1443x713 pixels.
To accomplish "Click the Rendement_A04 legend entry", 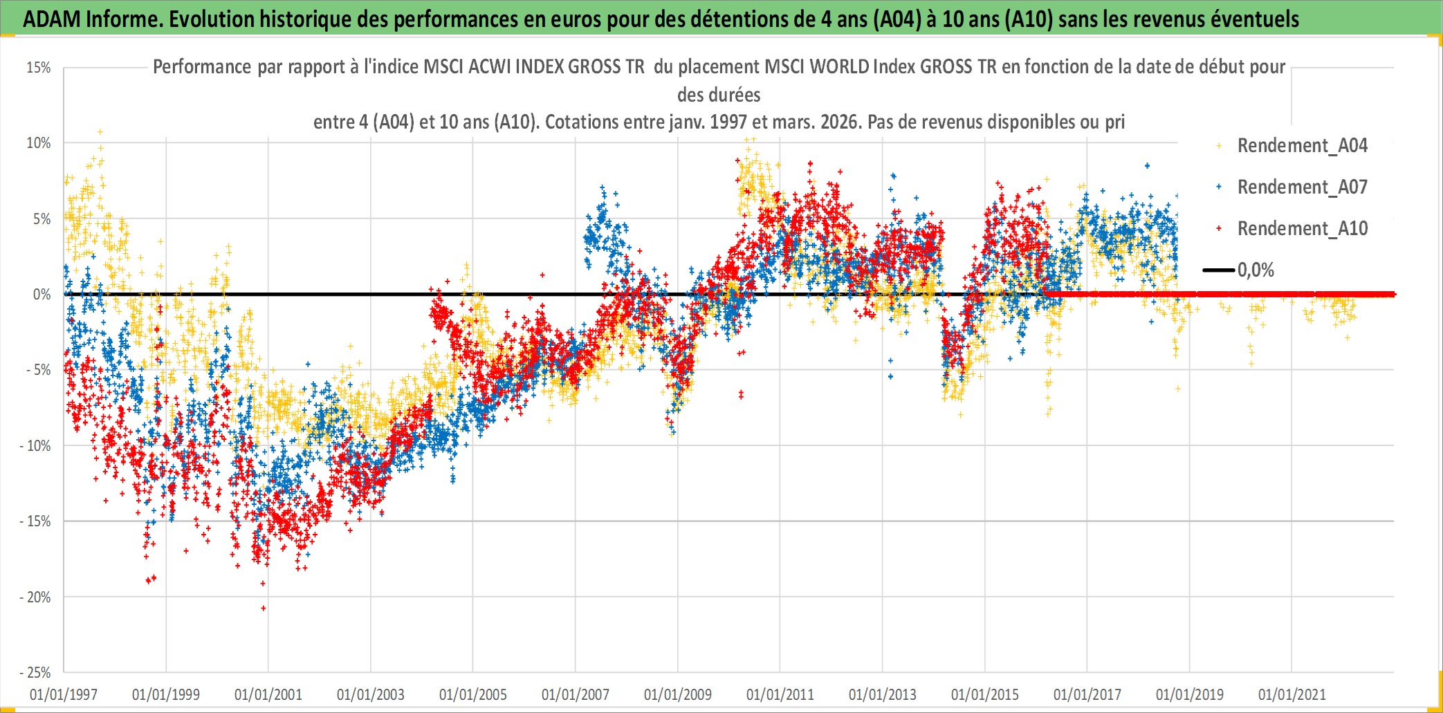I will click(x=1302, y=145).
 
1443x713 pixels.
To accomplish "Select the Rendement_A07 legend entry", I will click(x=1302, y=187).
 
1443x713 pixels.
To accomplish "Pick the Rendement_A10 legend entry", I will click(x=1302, y=228).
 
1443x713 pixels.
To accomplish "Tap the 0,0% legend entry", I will click(x=1256, y=270).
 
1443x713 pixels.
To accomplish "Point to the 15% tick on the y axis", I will click(x=39, y=68).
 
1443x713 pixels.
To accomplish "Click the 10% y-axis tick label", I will click(x=39, y=143).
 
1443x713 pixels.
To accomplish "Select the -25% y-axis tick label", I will click(x=35, y=672).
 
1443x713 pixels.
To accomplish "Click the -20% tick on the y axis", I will click(x=35, y=597).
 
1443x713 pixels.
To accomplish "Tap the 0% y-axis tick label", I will click(x=42, y=295).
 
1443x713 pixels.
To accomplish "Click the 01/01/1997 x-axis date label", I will click(x=64, y=694).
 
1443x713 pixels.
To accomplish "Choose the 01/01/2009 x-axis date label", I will click(x=678, y=694).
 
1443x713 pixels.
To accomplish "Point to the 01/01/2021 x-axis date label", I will click(x=1292, y=694).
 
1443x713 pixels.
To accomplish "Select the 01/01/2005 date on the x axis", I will click(x=473, y=694).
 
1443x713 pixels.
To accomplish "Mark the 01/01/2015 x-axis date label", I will click(x=985, y=694).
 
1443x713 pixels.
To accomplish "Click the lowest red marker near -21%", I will click(x=264, y=609).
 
